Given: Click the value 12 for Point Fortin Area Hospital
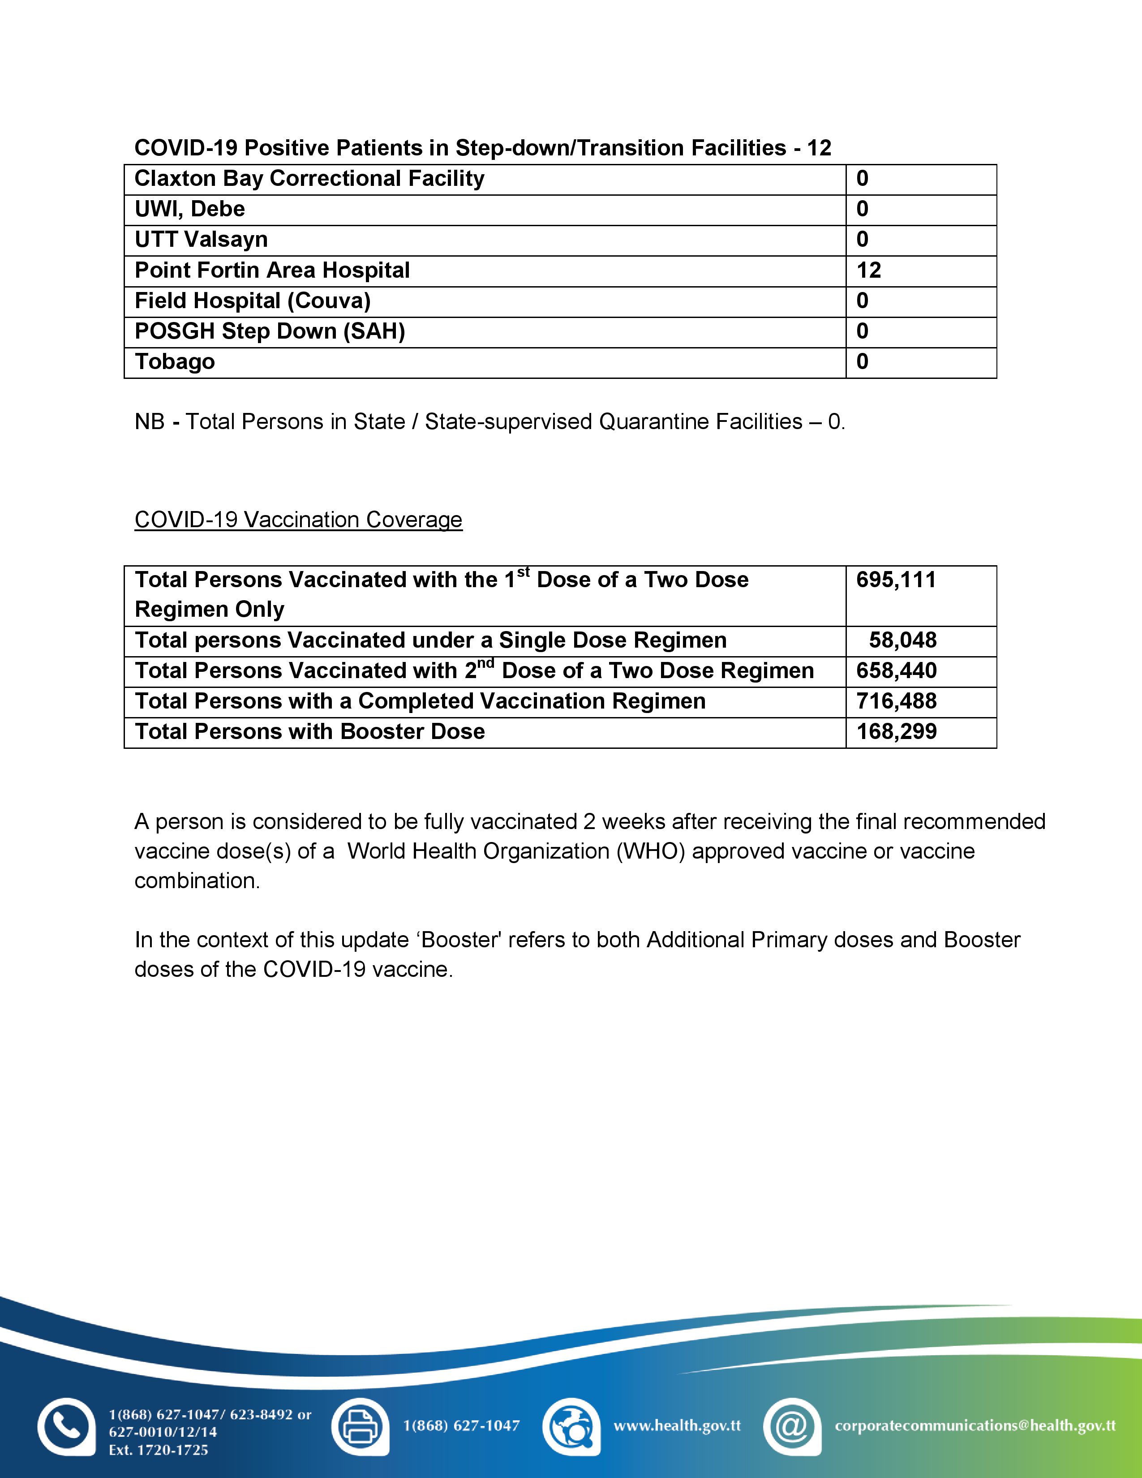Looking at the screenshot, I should [869, 271].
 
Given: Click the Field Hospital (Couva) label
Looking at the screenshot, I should [252, 301].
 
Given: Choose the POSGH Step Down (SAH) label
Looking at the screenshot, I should [269, 331].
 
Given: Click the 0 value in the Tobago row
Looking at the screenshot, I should [862, 362].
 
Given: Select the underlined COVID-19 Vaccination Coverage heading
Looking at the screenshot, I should [298, 520].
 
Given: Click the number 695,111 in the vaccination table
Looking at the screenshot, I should [896, 580].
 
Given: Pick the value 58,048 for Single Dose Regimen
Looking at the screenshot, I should [902, 640].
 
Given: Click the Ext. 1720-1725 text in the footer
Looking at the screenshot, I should [158, 1450].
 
